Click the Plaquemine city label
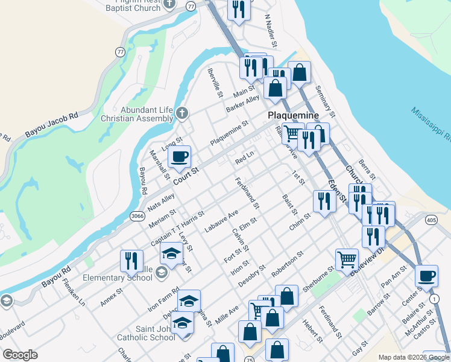point(294,115)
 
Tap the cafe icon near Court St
point(179,158)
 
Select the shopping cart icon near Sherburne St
point(347,260)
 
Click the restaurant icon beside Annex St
point(131,261)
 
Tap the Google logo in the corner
point(20,355)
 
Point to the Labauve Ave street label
point(221,221)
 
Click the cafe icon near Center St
point(427,276)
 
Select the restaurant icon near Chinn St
point(324,202)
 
